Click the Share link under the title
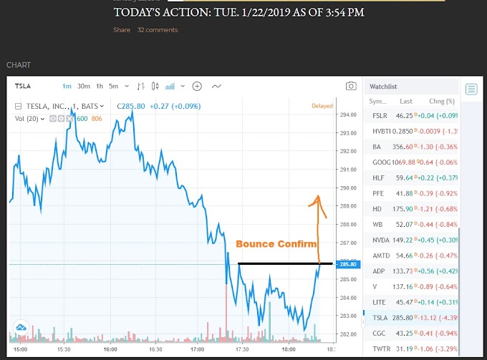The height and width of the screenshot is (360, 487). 122,30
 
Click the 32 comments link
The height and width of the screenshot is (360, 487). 158,30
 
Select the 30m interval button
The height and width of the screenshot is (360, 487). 83,86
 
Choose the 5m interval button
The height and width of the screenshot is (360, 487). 113,86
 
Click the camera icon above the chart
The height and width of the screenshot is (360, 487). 351,86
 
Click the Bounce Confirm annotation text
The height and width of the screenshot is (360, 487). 276,244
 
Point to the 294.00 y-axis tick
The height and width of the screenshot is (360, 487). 349,115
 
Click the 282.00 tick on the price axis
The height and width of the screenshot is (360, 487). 349,334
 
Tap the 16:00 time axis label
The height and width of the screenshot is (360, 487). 110,349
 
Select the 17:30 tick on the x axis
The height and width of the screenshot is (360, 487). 241,349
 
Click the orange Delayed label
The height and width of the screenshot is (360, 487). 322,106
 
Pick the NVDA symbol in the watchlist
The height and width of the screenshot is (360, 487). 381,240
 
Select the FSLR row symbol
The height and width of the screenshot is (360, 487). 380,115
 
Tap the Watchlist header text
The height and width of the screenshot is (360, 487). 383,87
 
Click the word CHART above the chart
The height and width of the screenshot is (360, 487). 19,65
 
